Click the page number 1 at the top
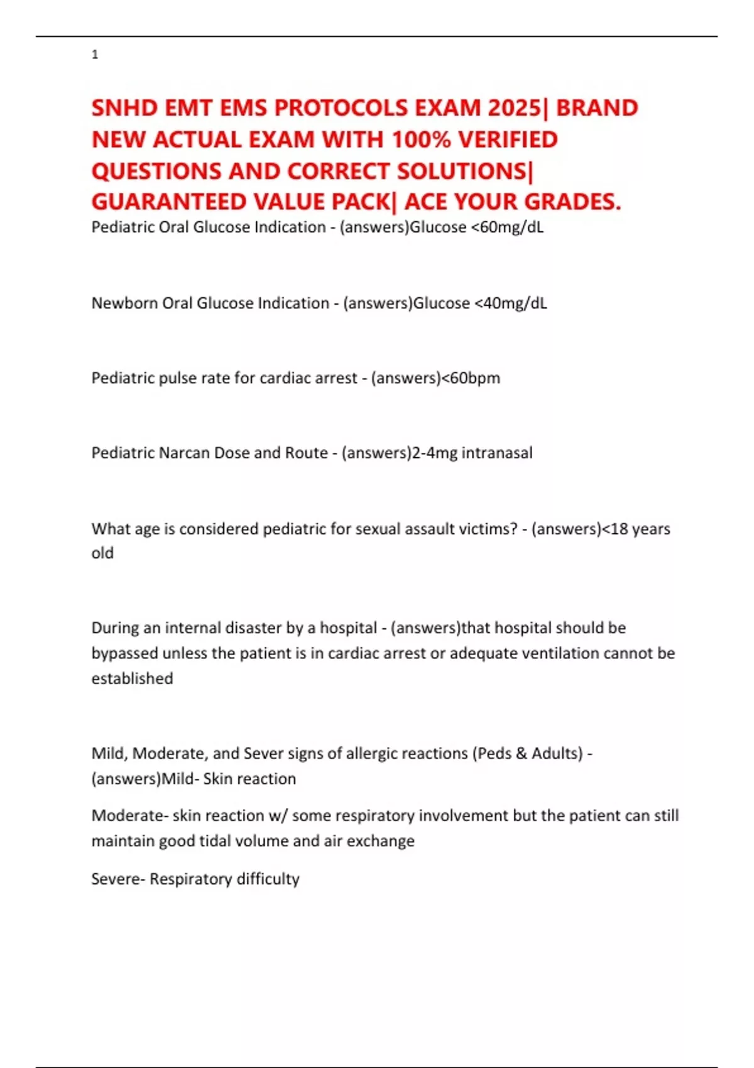(95, 55)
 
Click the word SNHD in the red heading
(124, 108)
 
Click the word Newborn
(124, 303)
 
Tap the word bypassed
(124, 653)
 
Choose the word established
(132, 678)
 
